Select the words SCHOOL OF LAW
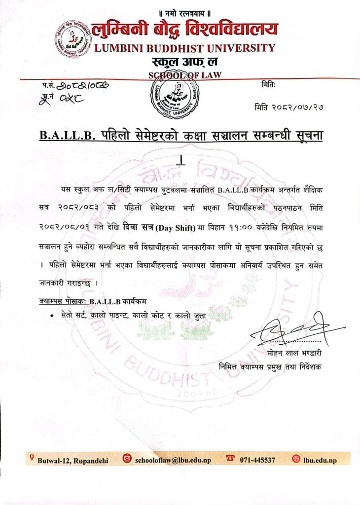tap(184, 75)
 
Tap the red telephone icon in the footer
tap(230, 458)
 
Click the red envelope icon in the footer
tap(127, 459)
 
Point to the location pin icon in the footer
tap(32, 458)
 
